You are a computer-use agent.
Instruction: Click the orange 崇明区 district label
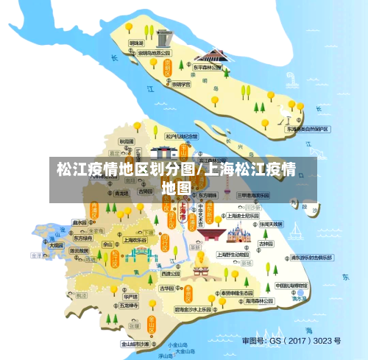[167, 67]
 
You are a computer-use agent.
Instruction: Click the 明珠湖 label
[137, 43]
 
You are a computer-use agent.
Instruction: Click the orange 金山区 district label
[151, 325]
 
